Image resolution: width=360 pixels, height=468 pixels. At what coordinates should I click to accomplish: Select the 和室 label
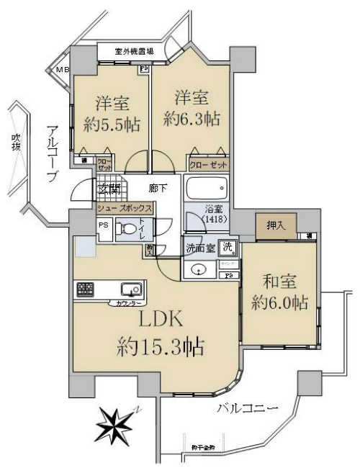[280, 281]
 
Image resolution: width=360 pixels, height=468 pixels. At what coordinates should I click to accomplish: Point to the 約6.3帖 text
[191, 118]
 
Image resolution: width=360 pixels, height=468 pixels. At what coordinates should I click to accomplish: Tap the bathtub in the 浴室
[206, 189]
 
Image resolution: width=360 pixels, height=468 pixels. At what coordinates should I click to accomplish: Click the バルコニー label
[247, 409]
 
